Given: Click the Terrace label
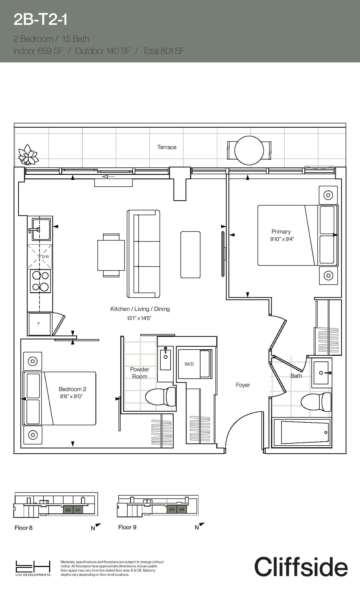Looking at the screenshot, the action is [x=167, y=147].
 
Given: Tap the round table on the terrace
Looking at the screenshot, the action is [x=249, y=151].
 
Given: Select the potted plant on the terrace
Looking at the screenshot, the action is [x=28, y=154].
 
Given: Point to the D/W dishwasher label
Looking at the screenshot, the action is [x=45, y=257].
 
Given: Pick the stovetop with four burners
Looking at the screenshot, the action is [x=40, y=281].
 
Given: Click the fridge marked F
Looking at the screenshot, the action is [x=39, y=324].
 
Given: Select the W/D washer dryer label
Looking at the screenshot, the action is [x=189, y=364].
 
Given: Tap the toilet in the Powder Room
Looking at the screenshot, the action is [x=160, y=396].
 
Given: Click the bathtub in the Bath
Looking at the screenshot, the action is [x=302, y=432].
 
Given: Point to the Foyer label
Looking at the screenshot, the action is [x=243, y=385].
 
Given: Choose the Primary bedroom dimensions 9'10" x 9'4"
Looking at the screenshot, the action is [x=282, y=239].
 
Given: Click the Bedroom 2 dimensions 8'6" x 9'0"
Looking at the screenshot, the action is [x=71, y=396].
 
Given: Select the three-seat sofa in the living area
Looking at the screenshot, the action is [x=143, y=254].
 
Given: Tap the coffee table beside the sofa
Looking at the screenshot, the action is [x=191, y=255].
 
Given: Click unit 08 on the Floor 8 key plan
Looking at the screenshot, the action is [x=68, y=510].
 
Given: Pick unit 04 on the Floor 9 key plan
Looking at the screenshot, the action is [x=182, y=509].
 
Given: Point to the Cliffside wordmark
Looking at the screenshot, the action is [x=301, y=567].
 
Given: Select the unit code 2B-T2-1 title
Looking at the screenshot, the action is [x=41, y=20].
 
